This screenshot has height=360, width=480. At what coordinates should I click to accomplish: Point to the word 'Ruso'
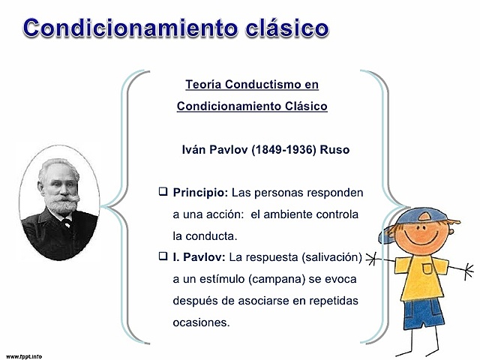click(x=334, y=149)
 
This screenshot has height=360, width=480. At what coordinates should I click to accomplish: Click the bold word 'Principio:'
click(x=199, y=193)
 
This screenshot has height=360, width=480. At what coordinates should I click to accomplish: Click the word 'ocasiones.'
click(x=201, y=323)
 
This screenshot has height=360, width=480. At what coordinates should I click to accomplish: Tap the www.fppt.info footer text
click(x=24, y=355)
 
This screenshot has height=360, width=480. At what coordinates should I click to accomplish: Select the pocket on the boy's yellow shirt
click(x=427, y=268)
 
